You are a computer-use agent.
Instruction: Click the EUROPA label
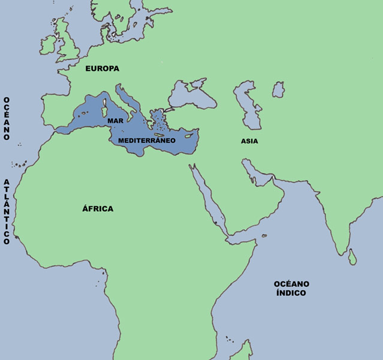click(102, 68)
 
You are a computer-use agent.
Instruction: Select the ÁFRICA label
click(98, 209)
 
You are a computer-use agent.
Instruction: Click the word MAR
click(115, 121)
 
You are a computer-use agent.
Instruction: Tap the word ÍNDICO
click(291, 293)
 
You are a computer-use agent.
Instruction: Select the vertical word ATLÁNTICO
click(7, 211)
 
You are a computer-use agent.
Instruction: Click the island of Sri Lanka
click(353, 257)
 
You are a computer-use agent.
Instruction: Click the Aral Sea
click(278, 90)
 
